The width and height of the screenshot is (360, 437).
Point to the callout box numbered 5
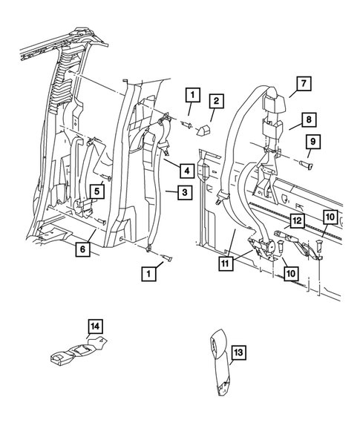click(96, 191)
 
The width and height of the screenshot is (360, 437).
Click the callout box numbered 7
click(302, 83)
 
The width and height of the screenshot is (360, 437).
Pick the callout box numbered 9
click(313, 141)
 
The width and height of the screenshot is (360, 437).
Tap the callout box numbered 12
click(296, 220)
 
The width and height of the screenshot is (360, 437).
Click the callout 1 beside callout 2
click(193, 94)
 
